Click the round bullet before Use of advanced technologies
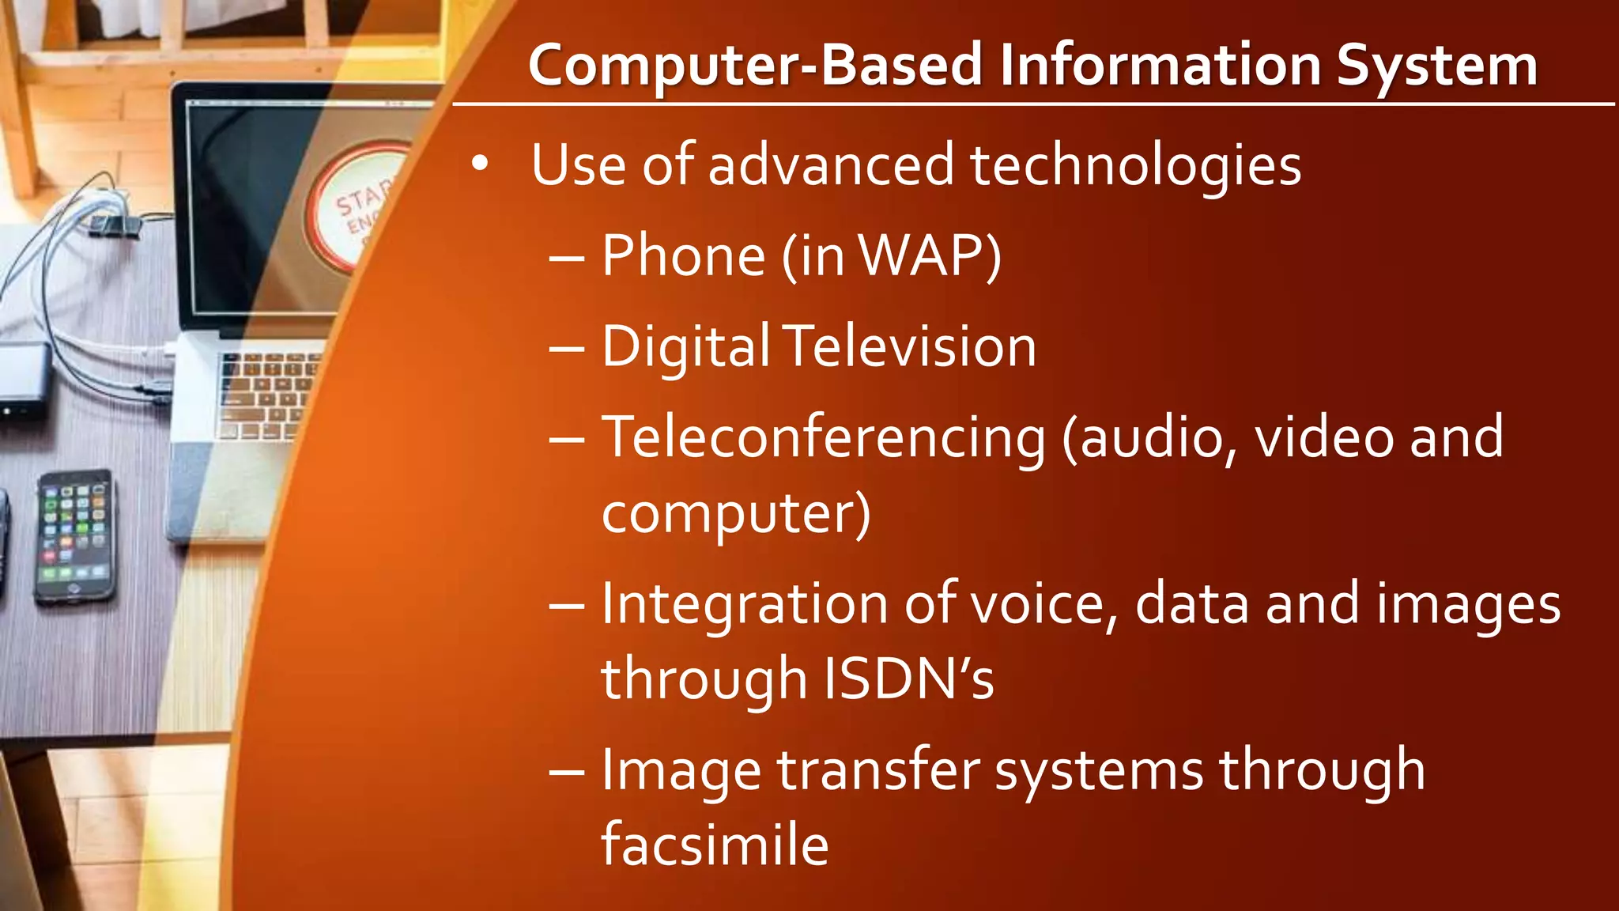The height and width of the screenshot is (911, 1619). pyautogui.click(x=479, y=164)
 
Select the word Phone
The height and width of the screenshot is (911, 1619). pyautogui.click(x=683, y=256)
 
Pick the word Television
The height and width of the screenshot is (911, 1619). pyautogui.click(x=911, y=347)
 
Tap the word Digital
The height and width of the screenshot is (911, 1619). pyautogui.click(x=685, y=349)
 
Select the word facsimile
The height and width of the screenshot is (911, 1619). pyautogui.click(x=715, y=845)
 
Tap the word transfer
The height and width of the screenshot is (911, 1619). pyautogui.click(x=878, y=771)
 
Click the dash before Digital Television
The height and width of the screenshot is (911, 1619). pyautogui.click(x=567, y=349)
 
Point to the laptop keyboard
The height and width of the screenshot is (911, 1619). pyautogui.click(x=265, y=395)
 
